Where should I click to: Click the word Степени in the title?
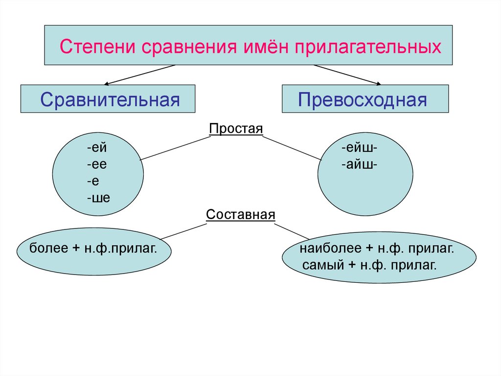(x=97, y=48)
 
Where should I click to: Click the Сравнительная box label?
(x=111, y=100)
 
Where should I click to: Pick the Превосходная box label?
(x=363, y=100)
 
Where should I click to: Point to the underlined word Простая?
(x=236, y=128)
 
